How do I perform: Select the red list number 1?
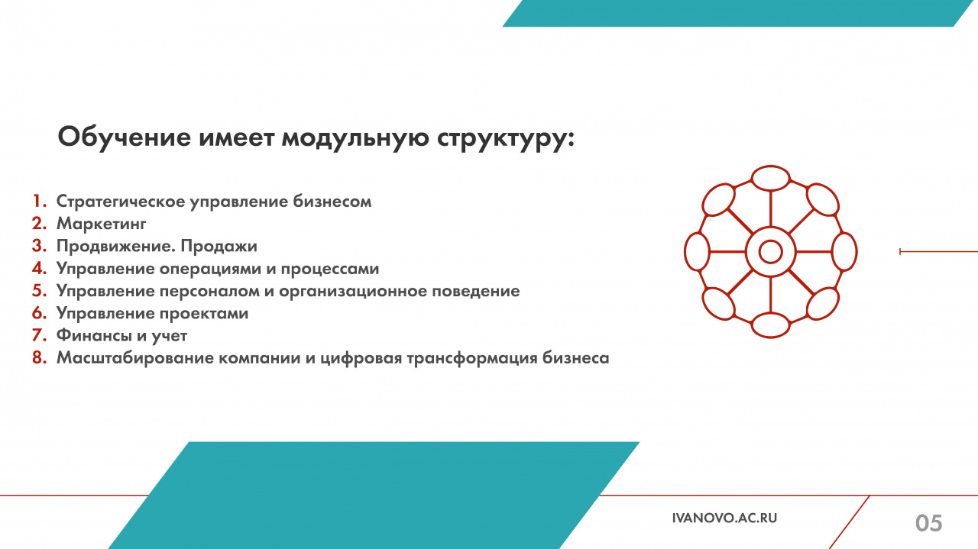coord(39,201)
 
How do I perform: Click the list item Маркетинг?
coord(102,224)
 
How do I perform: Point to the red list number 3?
coord(39,246)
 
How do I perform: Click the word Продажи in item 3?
coord(219,246)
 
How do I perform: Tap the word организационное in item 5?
coord(353,291)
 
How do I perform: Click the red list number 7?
coord(39,335)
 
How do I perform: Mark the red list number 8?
coord(39,358)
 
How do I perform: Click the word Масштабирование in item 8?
coord(134,358)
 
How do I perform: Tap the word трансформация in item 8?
coord(472,358)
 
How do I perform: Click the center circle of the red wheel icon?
coord(770,252)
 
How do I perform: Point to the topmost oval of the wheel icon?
coord(771,179)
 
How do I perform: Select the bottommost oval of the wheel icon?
coord(771,325)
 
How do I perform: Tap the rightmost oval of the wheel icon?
coord(844,252)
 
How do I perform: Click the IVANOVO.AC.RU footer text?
coord(725,518)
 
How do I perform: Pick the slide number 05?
coord(928,523)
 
